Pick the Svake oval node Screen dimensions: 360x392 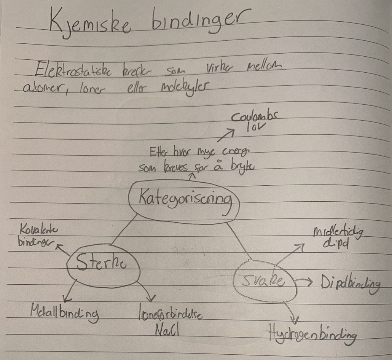pos(265,281)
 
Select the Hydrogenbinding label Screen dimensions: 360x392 pos(312,335)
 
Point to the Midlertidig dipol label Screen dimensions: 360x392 pos(337,238)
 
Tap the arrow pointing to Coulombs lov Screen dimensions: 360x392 pos(228,134)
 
